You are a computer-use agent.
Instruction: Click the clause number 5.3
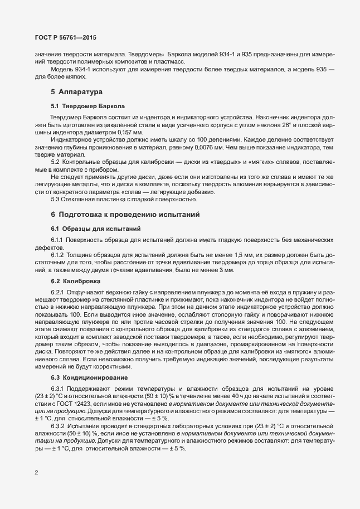pyautogui.click(x=56, y=199)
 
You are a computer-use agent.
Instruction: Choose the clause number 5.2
pyautogui.click(x=56, y=161)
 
